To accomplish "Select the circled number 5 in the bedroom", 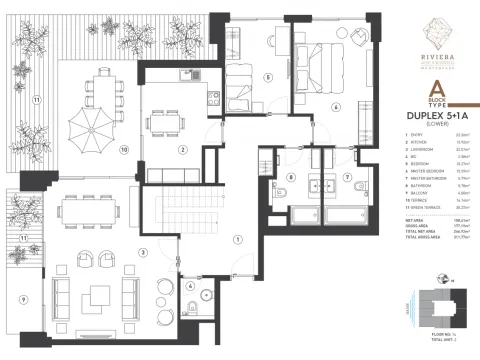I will point(267,77).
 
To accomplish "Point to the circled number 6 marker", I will point(335,107).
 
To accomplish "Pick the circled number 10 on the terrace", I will point(125,151).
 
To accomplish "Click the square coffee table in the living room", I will point(99,297).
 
